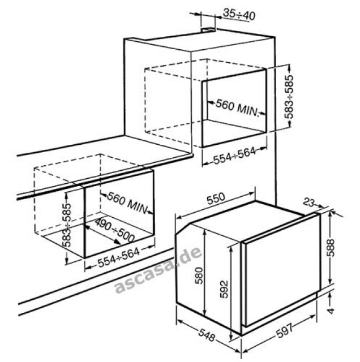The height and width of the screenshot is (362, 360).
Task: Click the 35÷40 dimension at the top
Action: (x=239, y=15)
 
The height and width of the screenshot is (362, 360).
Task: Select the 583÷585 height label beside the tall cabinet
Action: (x=289, y=97)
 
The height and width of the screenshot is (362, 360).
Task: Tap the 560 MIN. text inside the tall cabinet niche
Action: (x=237, y=108)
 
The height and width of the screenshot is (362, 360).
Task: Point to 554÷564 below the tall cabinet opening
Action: (x=234, y=155)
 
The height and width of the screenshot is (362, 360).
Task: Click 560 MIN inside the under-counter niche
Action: (x=127, y=203)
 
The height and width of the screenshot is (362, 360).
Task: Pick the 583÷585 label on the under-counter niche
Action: (x=67, y=225)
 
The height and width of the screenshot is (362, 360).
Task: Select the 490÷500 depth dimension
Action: (x=114, y=230)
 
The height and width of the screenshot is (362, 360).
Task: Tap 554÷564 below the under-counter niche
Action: (x=119, y=257)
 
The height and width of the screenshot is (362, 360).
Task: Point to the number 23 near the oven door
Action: (x=308, y=202)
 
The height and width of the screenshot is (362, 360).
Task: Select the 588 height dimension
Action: (x=331, y=248)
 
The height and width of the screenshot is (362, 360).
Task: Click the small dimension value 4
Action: (x=331, y=311)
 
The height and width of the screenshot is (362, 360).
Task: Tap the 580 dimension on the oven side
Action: (x=199, y=275)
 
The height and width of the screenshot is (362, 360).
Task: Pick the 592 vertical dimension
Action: (x=224, y=289)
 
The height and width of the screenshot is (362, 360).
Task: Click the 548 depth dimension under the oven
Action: (x=207, y=335)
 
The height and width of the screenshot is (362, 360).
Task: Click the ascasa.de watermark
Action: (x=158, y=270)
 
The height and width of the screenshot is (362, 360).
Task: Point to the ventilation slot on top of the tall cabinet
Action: (x=208, y=30)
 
